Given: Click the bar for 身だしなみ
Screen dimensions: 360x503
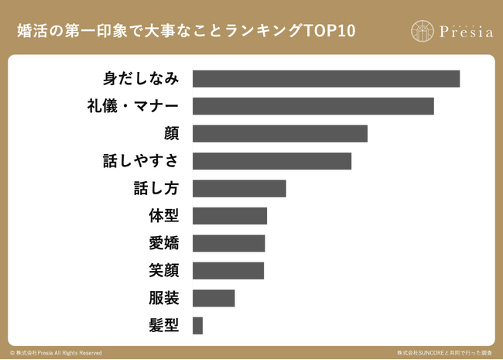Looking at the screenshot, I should pyautogui.click(x=326, y=79).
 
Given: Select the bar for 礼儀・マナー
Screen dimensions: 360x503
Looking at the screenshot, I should pyautogui.click(x=313, y=106).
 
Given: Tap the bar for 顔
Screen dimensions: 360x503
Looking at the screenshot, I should pyautogui.click(x=279, y=133).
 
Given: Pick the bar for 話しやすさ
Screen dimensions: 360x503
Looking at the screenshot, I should pyautogui.click(x=272, y=161).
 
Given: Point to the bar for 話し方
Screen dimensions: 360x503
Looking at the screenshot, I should pyautogui.click(x=239, y=188).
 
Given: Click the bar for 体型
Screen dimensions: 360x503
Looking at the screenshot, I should pyautogui.click(x=229, y=216).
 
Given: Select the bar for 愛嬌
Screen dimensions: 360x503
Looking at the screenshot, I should pyautogui.click(x=228, y=243).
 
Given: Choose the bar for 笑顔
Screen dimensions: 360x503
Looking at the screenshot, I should pyautogui.click(x=228, y=270).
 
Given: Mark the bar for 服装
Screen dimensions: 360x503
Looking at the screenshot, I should pyautogui.click(x=213, y=298).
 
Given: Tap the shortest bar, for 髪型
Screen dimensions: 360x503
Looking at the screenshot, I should pyautogui.click(x=197, y=325).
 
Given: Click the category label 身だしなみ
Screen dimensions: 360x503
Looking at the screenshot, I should pyautogui.click(x=141, y=79).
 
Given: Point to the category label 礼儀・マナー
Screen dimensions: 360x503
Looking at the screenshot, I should pyautogui.click(x=133, y=106).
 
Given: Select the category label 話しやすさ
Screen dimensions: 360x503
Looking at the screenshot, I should pyautogui.click(x=141, y=161).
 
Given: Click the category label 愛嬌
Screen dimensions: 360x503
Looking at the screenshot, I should pyautogui.click(x=164, y=243).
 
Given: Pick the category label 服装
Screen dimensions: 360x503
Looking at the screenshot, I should pyautogui.click(x=164, y=298).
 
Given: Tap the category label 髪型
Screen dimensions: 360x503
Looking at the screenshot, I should pyautogui.click(x=164, y=325).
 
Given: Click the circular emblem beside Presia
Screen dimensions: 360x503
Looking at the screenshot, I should pyautogui.click(x=423, y=32).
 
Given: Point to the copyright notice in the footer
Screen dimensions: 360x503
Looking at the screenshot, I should pyautogui.click(x=56, y=352).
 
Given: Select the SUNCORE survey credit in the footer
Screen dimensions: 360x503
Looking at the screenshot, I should pyautogui.click(x=444, y=352).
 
